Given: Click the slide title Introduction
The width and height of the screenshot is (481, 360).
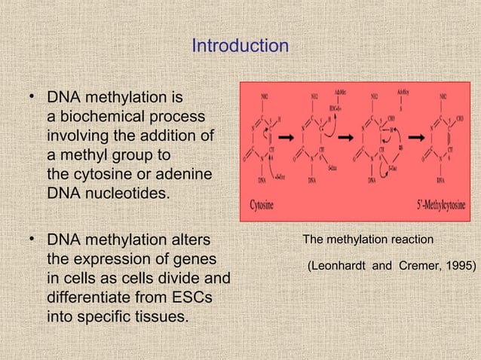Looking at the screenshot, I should [240, 46].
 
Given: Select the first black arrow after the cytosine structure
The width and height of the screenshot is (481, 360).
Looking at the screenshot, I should [286, 139].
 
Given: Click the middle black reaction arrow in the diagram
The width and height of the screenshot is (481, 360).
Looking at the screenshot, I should [347, 139].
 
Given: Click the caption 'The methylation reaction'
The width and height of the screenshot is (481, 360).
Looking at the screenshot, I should [368, 239].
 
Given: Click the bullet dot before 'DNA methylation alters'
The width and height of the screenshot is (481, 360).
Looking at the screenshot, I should [32, 239].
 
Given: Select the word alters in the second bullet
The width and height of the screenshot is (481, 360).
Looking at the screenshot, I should [185, 240].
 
